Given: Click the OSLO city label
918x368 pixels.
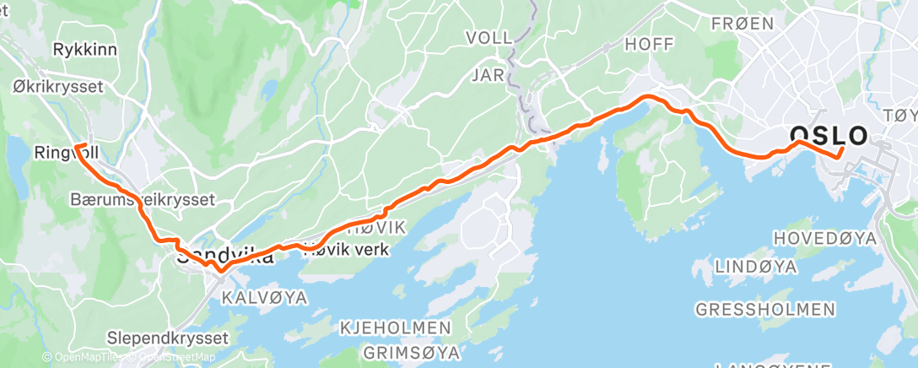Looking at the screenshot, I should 828,135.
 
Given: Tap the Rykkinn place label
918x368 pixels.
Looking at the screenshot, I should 84,50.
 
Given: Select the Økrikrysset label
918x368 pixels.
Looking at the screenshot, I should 58,87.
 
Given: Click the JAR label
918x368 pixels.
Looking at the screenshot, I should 488,75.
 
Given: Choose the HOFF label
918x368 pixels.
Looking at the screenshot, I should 651,42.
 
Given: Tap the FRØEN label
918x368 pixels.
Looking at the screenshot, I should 742,24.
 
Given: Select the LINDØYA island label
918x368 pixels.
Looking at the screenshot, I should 756,267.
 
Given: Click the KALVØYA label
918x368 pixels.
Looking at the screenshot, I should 265,297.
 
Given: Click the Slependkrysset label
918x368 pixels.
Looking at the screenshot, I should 168,338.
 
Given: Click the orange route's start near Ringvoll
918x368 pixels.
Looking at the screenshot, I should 76,147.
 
